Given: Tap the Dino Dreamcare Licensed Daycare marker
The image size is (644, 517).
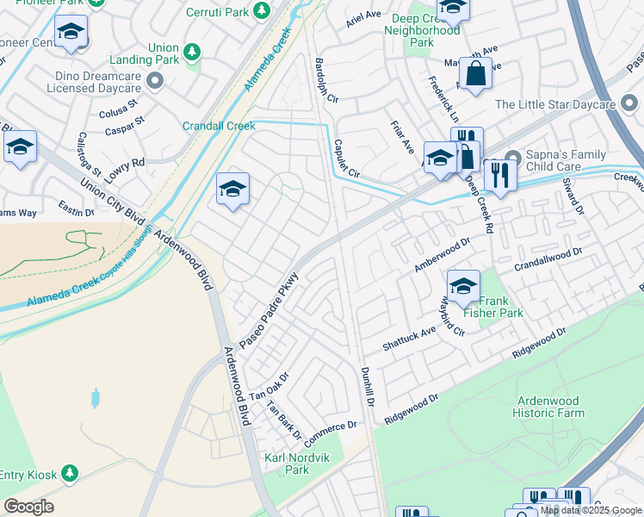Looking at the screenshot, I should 155,81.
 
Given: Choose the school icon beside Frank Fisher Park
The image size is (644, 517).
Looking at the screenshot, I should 463,286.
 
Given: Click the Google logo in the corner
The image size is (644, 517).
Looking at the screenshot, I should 28,507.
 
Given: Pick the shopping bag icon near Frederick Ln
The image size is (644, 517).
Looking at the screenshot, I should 474,74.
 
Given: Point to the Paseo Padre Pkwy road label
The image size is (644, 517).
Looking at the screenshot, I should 269,310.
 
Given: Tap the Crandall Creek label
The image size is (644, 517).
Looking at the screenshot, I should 219,126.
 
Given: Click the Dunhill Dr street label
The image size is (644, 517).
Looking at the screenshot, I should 366,387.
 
